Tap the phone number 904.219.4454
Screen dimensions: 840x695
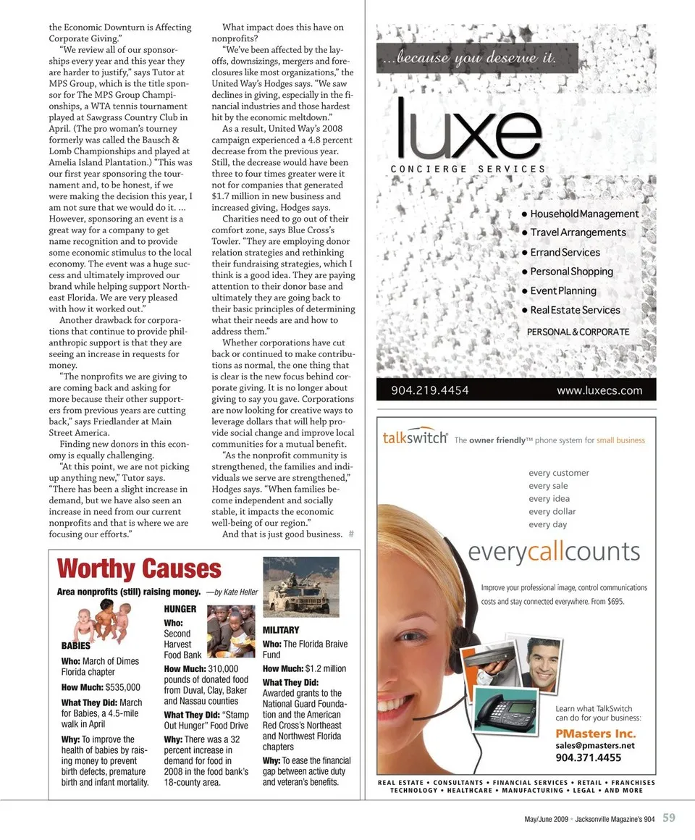[430, 390]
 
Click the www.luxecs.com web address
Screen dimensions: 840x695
[599, 390]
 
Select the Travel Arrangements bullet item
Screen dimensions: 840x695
[577, 232]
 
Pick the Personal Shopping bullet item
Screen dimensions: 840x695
[571, 272]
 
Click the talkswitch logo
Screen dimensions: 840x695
[414, 438]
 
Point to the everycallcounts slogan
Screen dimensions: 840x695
[554, 553]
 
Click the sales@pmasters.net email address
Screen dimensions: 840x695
[594, 745]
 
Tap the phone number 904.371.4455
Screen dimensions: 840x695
[588, 758]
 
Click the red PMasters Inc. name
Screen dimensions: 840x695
[595, 733]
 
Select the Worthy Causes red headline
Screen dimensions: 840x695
[139, 569]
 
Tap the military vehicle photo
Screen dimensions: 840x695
[300, 587]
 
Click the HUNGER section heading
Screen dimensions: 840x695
[180, 609]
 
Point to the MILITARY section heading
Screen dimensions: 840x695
[281, 631]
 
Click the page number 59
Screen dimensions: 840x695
[669, 818]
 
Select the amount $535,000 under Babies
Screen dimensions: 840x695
[122, 687]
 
